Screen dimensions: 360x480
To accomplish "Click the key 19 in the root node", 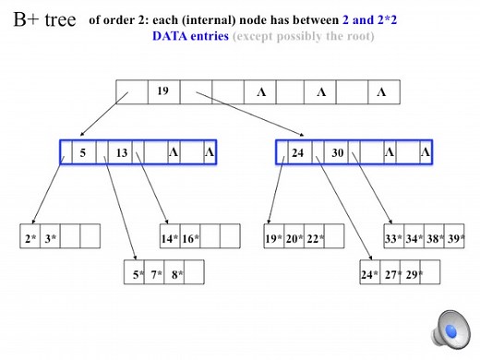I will pos(162,92).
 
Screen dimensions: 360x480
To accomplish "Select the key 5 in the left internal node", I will pos(83,152).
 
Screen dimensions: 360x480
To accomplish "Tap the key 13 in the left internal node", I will pos(122,152).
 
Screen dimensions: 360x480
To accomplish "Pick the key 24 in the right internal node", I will pos(297,152).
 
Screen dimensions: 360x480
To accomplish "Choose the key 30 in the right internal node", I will pos(338,152).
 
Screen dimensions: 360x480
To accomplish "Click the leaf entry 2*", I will pos(30,237).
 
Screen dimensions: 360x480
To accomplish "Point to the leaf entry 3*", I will pos(50,237).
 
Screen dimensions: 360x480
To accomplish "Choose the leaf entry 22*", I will pos(315,237).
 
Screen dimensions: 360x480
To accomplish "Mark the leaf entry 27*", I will pos(391,274).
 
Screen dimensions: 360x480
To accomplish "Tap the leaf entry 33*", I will pos(393,237).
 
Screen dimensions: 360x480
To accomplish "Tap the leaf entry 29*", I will pos(413,274).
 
